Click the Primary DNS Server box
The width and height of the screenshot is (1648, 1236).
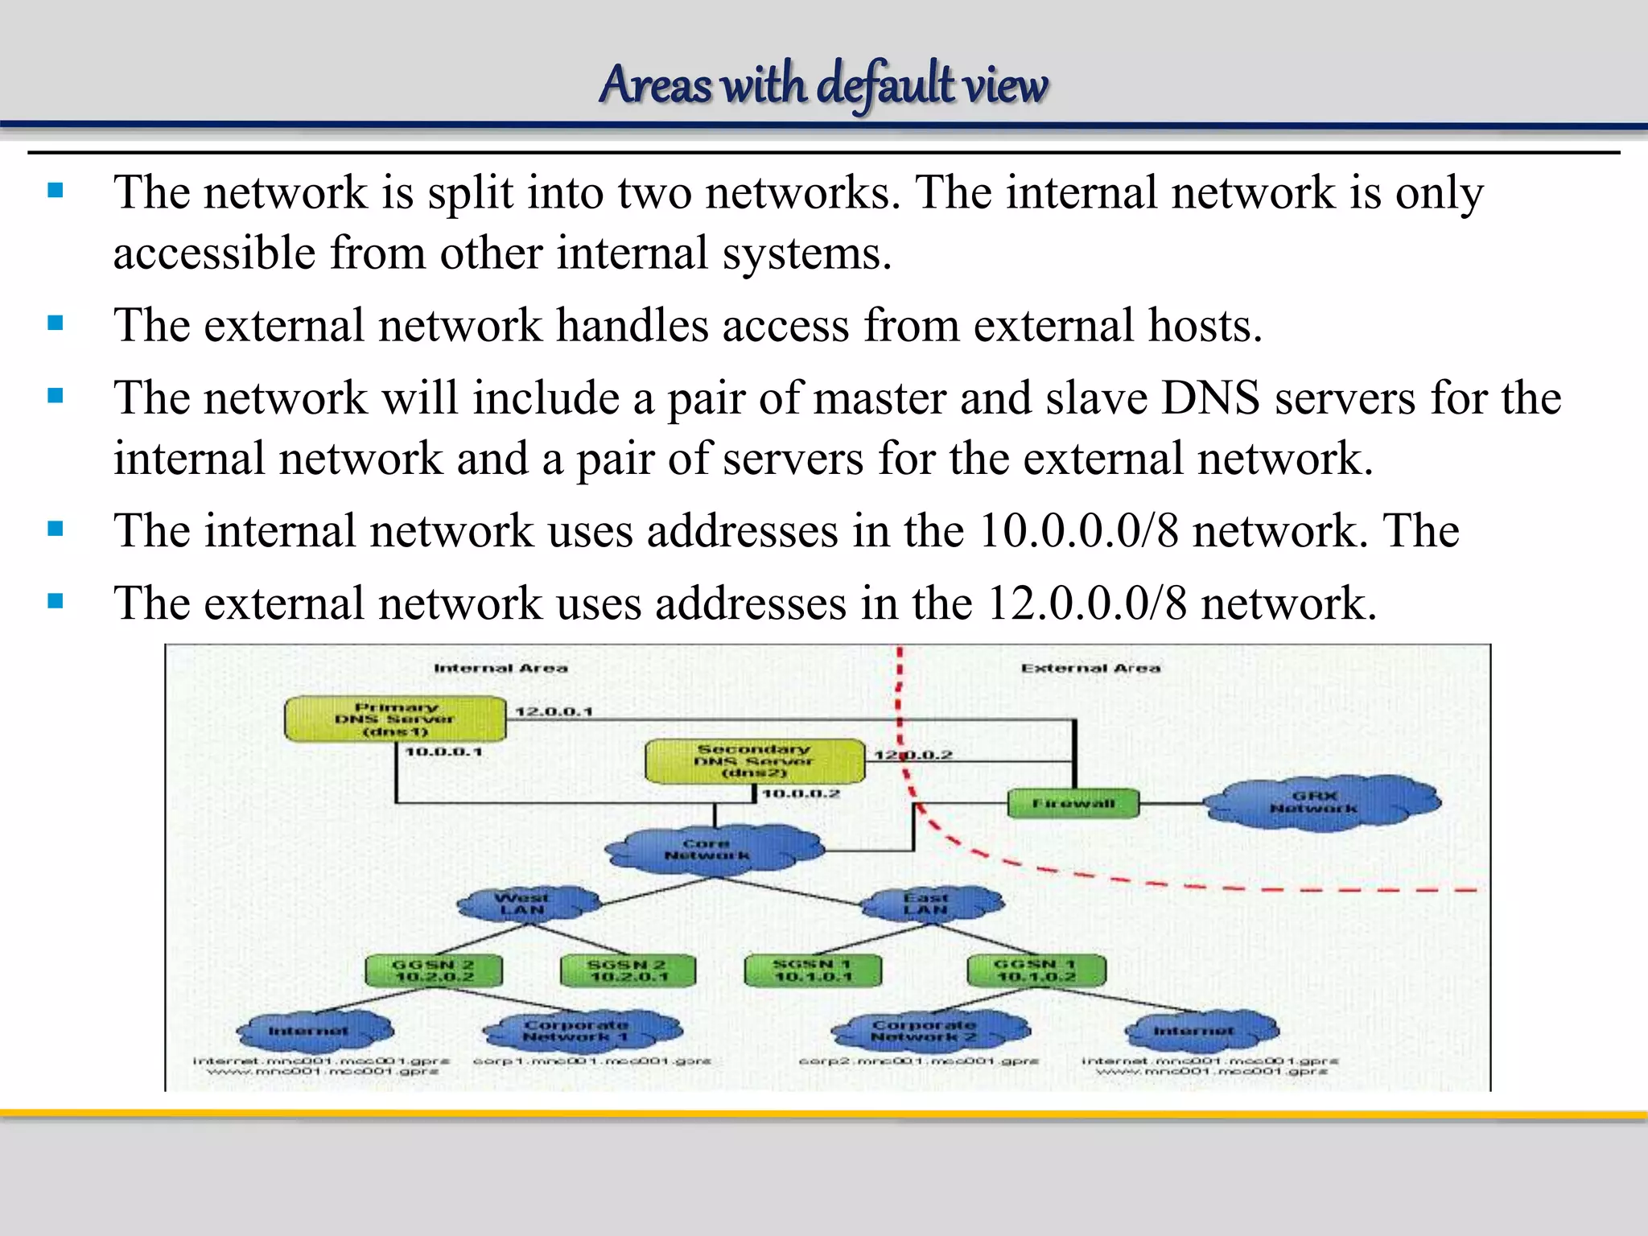coord(395,719)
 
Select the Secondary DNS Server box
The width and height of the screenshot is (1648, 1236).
coord(755,761)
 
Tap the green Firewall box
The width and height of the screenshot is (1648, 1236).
coord(1073,804)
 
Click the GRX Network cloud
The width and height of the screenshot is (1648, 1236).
coord(1320,801)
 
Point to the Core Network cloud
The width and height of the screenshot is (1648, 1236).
coord(711,849)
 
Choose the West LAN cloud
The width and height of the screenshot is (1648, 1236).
coord(525,903)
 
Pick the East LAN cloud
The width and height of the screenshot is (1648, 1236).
coord(929,903)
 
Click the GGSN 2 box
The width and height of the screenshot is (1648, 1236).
coord(434,970)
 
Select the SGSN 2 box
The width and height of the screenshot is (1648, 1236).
coord(628,970)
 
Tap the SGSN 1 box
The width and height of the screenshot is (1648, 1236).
coord(813,970)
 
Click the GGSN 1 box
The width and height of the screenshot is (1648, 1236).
coord(1036,970)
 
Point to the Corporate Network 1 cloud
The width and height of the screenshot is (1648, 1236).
coord(579,1030)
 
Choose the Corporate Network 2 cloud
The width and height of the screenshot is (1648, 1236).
coord(927,1030)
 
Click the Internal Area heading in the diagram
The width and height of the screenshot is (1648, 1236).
coord(501,668)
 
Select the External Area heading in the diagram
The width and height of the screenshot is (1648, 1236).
coord(1090,668)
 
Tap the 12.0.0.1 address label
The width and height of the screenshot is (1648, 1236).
coord(554,711)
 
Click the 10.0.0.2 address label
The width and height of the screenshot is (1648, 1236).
coord(801,794)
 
